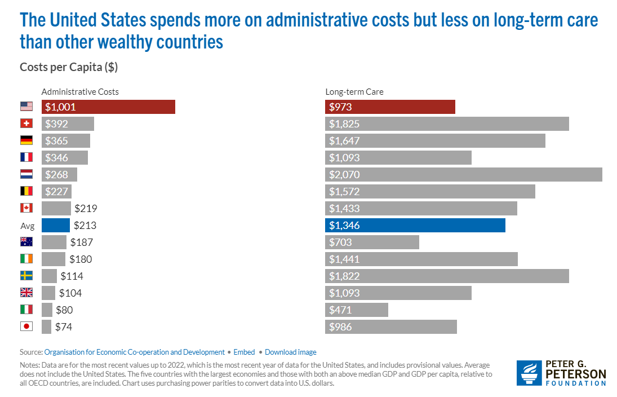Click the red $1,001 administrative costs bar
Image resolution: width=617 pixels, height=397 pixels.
[x=108, y=107]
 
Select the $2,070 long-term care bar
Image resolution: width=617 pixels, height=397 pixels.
[x=463, y=174]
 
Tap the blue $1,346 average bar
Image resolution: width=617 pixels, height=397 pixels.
[x=415, y=226]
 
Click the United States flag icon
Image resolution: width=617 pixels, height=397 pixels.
[x=26, y=107]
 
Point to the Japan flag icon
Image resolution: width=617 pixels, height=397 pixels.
[x=26, y=327]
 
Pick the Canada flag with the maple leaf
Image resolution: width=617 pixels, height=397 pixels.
[x=26, y=208]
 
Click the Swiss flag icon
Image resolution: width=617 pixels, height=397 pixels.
[x=26, y=123]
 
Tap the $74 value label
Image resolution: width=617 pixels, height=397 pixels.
[x=63, y=327]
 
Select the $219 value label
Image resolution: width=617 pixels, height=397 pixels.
[x=86, y=208]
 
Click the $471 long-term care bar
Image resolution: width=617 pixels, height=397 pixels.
[x=356, y=310]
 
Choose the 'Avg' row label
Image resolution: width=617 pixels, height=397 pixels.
[x=28, y=226]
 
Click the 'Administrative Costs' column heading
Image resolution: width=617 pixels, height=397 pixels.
[x=80, y=91]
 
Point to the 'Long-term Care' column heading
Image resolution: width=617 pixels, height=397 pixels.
[x=354, y=91]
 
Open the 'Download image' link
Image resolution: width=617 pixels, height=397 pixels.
[x=290, y=352]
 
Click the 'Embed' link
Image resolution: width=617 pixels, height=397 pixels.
[x=244, y=352]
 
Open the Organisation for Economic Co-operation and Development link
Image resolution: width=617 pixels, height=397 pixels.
[x=134, y=352]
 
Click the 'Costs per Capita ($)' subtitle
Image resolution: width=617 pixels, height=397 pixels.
[x=69, y=67]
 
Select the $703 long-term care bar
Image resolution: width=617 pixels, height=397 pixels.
[x=372, y=242]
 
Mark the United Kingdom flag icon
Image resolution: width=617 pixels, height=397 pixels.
[x=26, y=293]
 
